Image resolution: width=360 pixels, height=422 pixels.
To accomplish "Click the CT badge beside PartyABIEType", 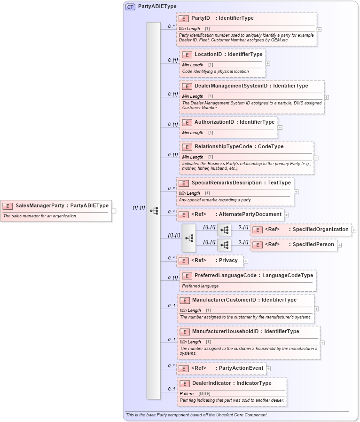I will pyautogui.click(x=130, y=7).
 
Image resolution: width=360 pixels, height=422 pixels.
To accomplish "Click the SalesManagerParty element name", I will pyautogui.click(x=40, y=206).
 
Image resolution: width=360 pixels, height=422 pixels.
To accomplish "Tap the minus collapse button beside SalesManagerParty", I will pyautogui.click(x=114, y=211).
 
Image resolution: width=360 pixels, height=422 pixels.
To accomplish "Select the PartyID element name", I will pyautogui.click(x=201, y=18).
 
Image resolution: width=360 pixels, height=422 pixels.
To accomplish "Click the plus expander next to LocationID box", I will pyautogui.click(x=268, y=63).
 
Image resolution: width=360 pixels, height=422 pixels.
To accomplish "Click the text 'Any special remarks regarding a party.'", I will pyautogui.click(x=215, y=200).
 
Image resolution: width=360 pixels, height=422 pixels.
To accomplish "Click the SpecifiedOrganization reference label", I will pyautogui.click(x=321, y=230).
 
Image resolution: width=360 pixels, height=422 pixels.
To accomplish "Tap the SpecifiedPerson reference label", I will pyautogui.click(x=313, y=245).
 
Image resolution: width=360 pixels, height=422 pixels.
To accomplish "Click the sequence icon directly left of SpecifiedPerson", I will pyautogui.click(x=224, y=245).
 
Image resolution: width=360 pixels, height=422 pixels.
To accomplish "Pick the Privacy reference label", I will pyautogui.click(x=228, y=261).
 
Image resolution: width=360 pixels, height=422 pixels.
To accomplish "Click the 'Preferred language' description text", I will pyautogui.click(x=200, y=286).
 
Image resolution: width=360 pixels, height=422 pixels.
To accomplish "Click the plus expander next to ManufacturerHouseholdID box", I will pyautogui.click(x=322, y=343).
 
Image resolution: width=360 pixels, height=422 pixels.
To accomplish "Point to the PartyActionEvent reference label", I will pyautogui.click(x=241, y=368).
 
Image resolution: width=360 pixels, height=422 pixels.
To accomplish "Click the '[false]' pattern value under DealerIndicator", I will pyautogui.click(x=204, y=393).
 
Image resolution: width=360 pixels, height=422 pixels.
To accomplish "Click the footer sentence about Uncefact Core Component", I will pyautogui.click(x=196, y=415).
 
